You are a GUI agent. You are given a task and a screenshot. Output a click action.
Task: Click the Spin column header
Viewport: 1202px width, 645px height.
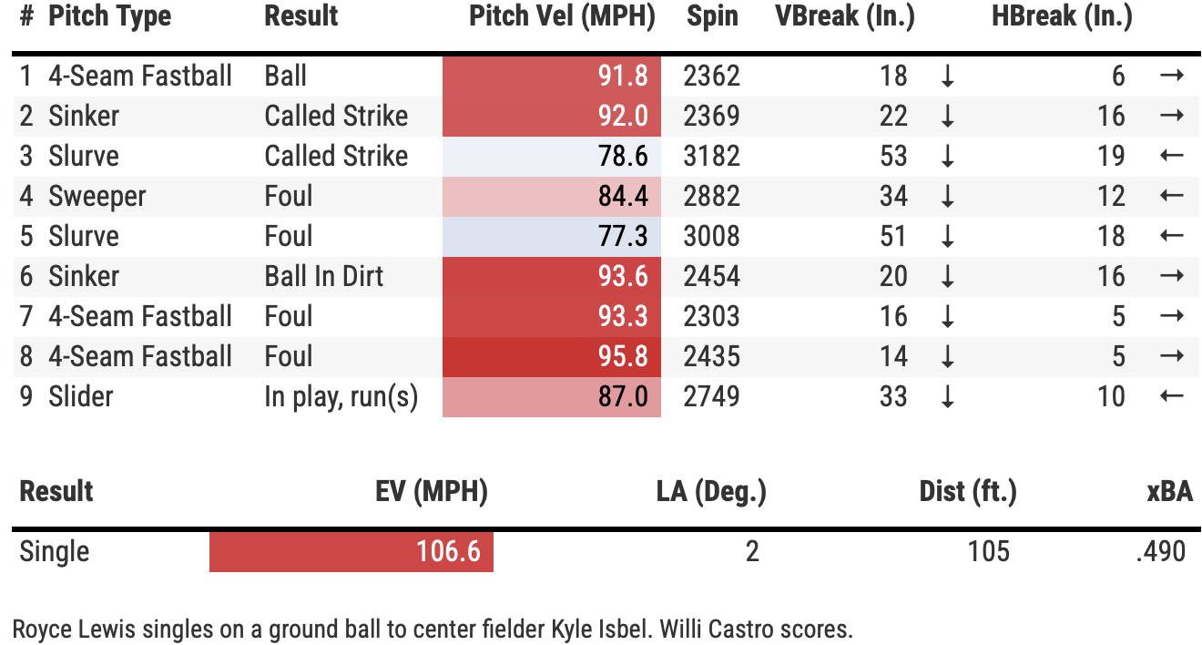point(712,16)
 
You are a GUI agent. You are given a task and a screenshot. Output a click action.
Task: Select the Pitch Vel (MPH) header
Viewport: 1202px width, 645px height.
point(562,16)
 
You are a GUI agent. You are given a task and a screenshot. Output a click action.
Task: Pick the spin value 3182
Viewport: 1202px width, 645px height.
point(711,156)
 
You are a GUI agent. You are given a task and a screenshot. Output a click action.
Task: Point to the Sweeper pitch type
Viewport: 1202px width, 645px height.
point(97,196)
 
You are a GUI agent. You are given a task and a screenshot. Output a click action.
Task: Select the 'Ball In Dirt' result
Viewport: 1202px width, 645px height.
point(324,276)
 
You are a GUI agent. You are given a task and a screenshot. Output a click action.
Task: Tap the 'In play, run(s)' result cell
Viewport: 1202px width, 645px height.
point(341,396)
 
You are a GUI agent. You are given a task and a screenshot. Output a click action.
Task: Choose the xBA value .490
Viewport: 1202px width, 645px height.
point(1161,551)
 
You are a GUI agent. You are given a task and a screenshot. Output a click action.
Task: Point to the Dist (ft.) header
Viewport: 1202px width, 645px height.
point(967,492)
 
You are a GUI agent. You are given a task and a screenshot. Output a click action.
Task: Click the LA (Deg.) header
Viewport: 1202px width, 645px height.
point(711,492)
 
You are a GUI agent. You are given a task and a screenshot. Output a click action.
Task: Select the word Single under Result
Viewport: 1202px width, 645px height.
point(55,551)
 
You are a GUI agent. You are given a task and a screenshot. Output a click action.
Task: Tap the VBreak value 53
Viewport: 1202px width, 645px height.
point(893,156)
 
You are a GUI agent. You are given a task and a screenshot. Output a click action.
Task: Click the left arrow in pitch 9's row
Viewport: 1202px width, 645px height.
point(1172,396)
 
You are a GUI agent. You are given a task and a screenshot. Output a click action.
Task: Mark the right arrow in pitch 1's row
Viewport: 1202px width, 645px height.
point(1172,76)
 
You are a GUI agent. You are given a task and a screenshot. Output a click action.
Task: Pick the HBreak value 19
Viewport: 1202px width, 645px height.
point(1111,156)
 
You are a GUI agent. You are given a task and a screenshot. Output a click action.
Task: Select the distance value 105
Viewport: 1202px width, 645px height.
point(989,551)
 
